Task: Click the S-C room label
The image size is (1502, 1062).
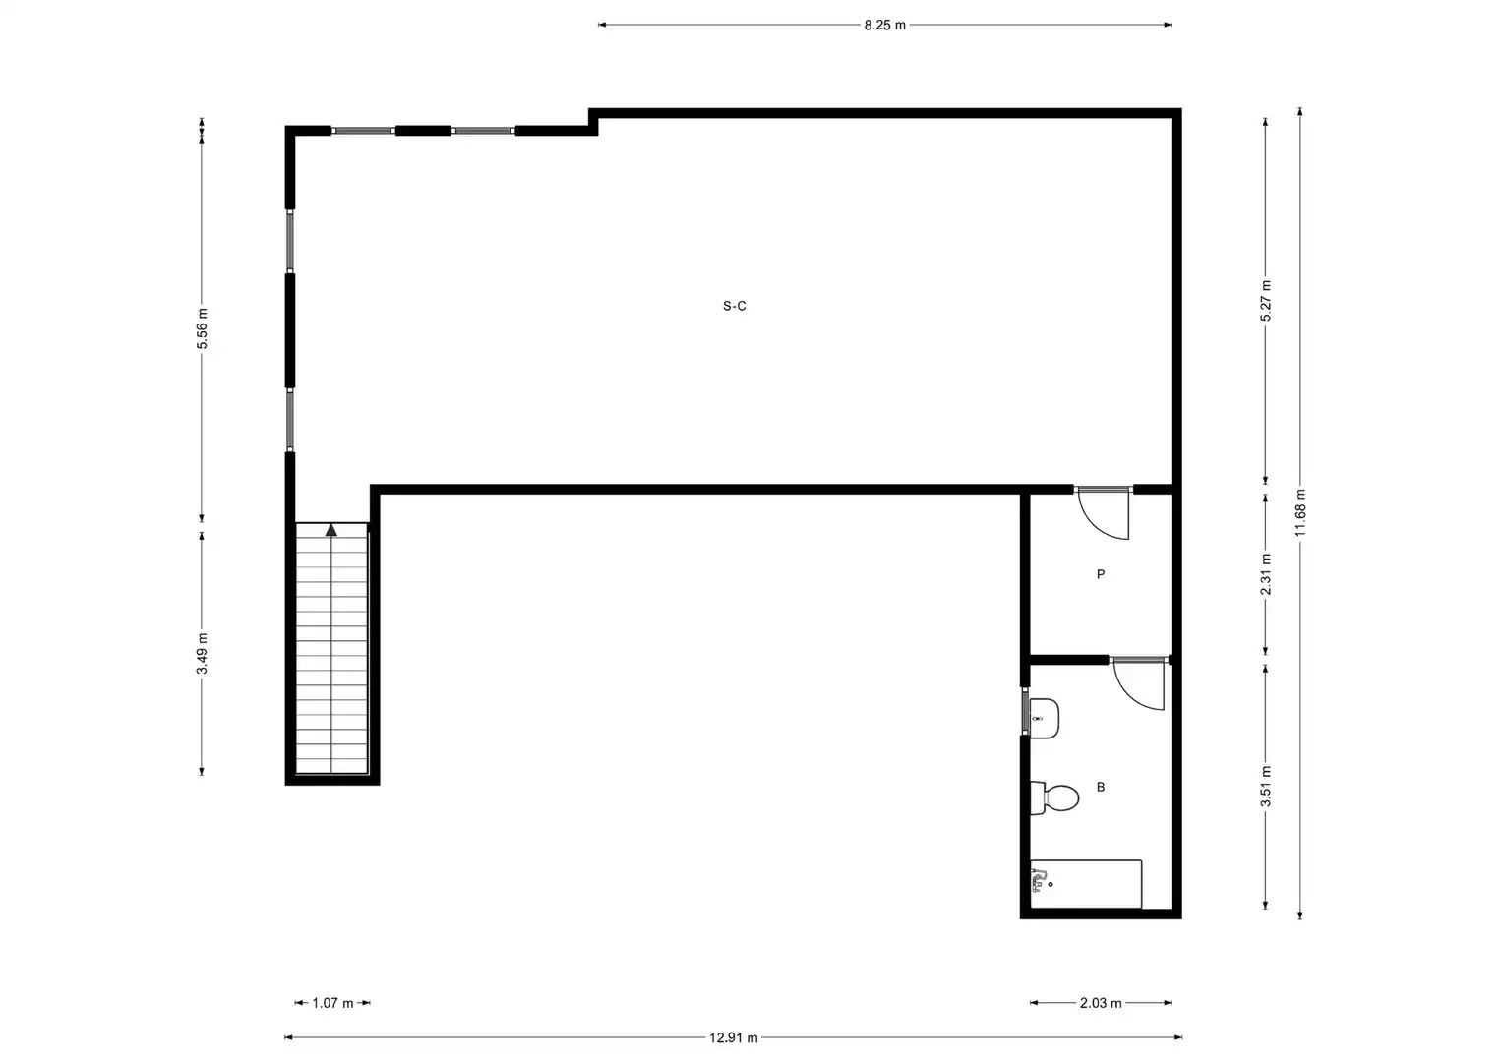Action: tap(734, 307)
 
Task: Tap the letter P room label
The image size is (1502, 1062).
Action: tap(1101, 574)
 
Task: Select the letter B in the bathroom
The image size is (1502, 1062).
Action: tap(1101, 787)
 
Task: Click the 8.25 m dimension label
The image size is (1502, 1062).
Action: tap(884, 26)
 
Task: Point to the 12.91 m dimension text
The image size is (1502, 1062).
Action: tap(734, 1038)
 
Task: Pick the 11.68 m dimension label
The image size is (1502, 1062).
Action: tap(1300, 513)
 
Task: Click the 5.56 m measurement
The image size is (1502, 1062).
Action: tap(202, 328)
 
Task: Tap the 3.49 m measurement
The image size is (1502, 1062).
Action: tap(202, 654)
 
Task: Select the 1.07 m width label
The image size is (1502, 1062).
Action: tap(332, 1004)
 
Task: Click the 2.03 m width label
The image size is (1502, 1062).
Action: tap(1101, 1004)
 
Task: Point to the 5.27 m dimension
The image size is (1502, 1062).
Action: tap(1265, 300)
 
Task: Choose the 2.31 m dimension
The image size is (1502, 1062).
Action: tap(1265, 574)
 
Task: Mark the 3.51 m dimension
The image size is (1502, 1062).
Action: tap(1265, 787)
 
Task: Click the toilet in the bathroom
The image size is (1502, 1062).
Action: tap(1054, 797)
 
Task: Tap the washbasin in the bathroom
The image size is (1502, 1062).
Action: tap(1044, 718)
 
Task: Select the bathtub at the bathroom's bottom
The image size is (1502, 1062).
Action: tap(1086, 884)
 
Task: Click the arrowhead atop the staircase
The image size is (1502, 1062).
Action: tap(331, 530)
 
